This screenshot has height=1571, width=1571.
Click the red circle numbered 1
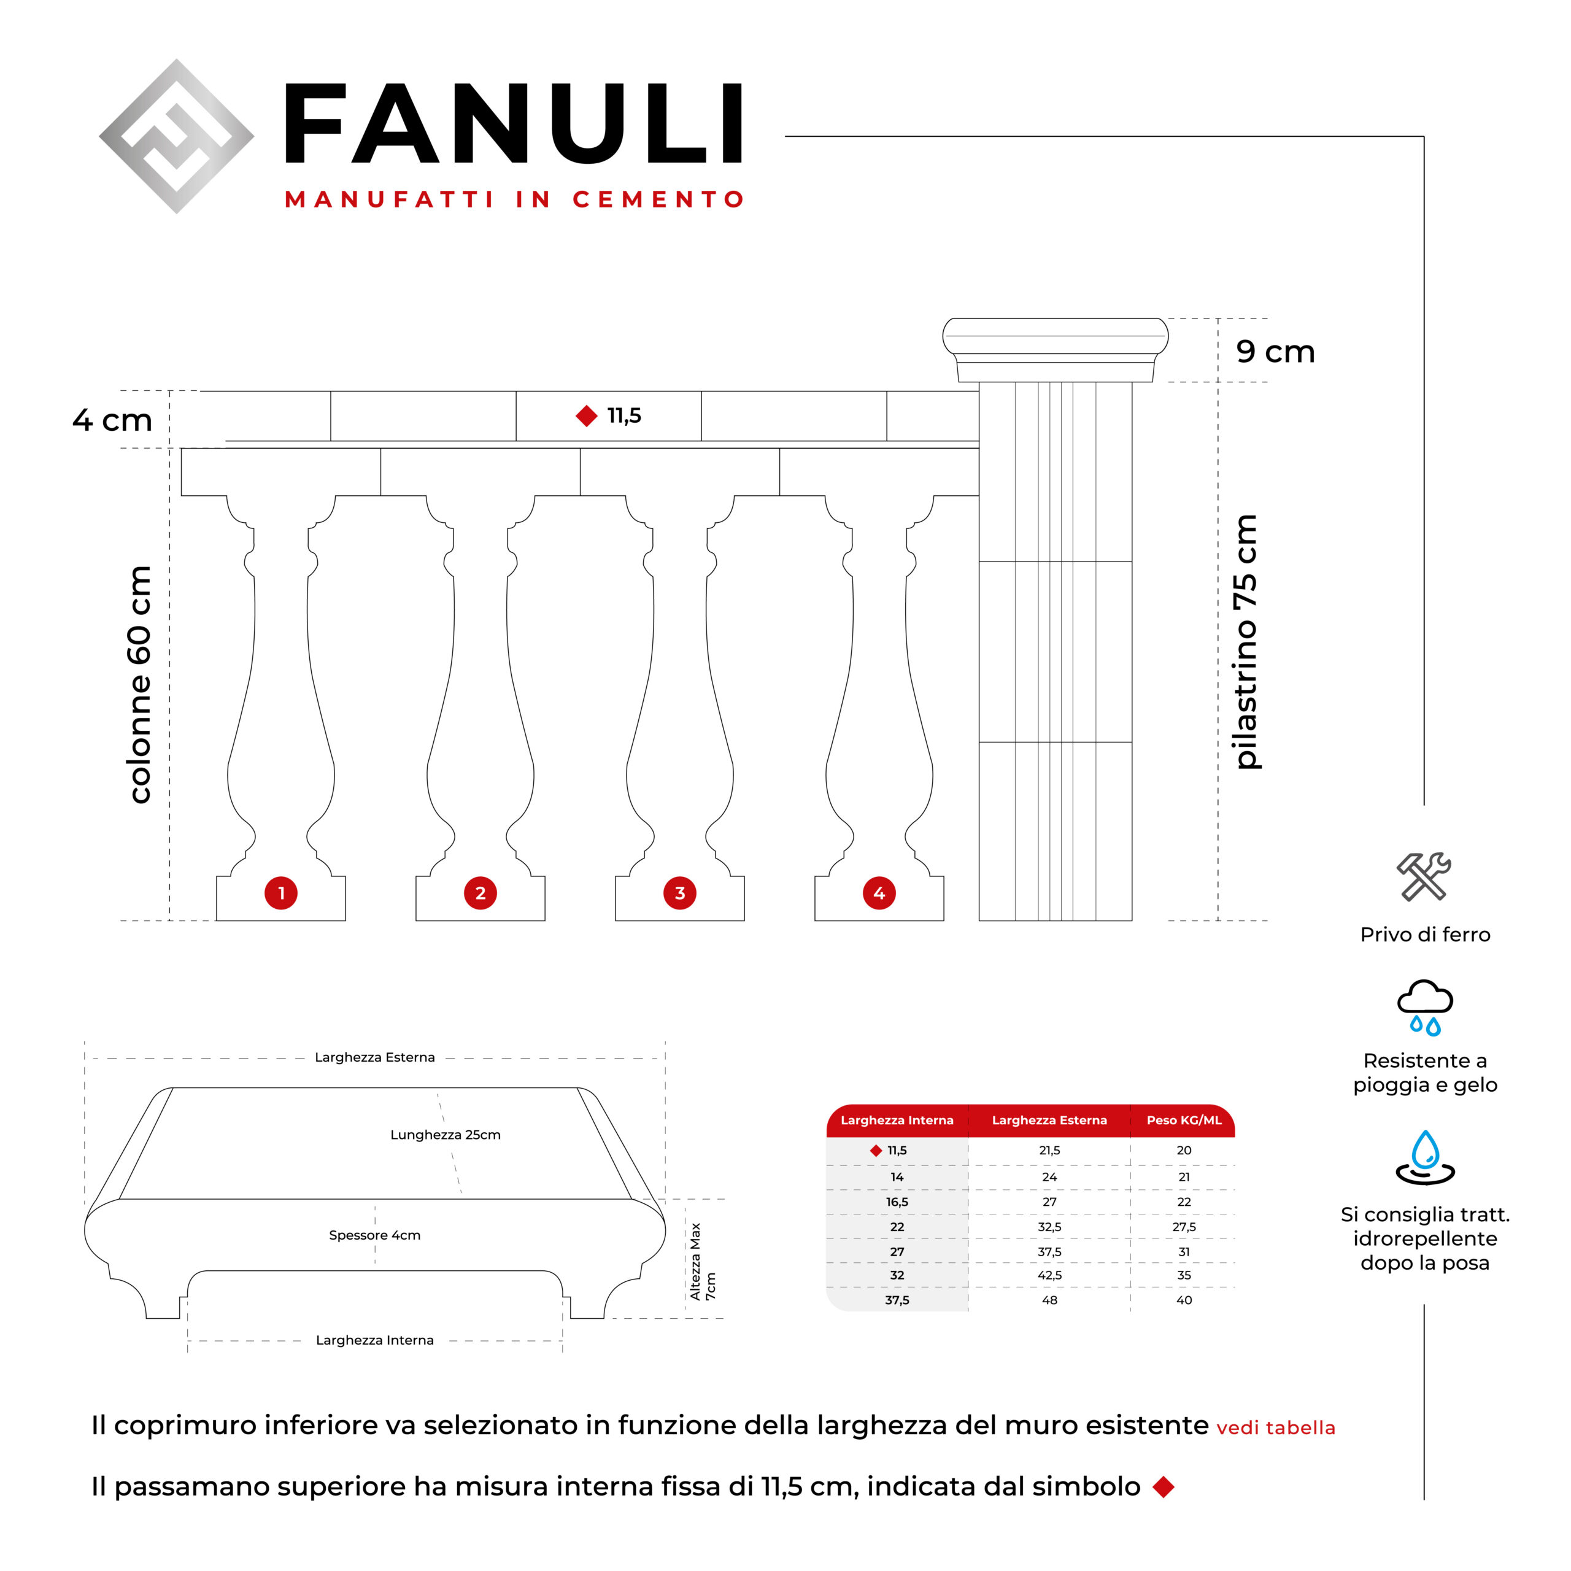pyautogui.click(x=280, y=893)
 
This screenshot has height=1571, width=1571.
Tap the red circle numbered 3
pyautogui.click(x=680, y=893)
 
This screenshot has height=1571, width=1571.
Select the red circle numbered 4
pyautogui.click(x=879, y=893)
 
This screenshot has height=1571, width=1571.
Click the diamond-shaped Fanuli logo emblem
pyautogui.click(x=177, y=136)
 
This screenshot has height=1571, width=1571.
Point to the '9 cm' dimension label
pyautogui.click(x=1275, y=351)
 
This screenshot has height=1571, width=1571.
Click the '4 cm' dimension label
pyautogui.click(x=112, y=420)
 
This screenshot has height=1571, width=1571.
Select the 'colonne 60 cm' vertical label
pyautogui.click(x=140, y=685)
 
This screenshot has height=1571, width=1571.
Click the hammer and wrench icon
pyautogui.click(x=1424, y=876)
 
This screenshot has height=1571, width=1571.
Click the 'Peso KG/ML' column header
pyautogui.click(x=1184, y=1121)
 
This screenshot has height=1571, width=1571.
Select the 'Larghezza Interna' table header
pyautogui.click(x=897, y=1121)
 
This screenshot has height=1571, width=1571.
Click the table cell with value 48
pyautogui.click(x=1050, y=1300)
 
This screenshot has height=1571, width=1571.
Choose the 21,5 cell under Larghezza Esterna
pyautogui.click(x=1050, y=1151)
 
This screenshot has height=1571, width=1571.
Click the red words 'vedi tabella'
pyautogui.click(x=1276, y=1429)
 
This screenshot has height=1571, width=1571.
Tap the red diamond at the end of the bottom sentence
pyautogui.click(x=1164, y=1488)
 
